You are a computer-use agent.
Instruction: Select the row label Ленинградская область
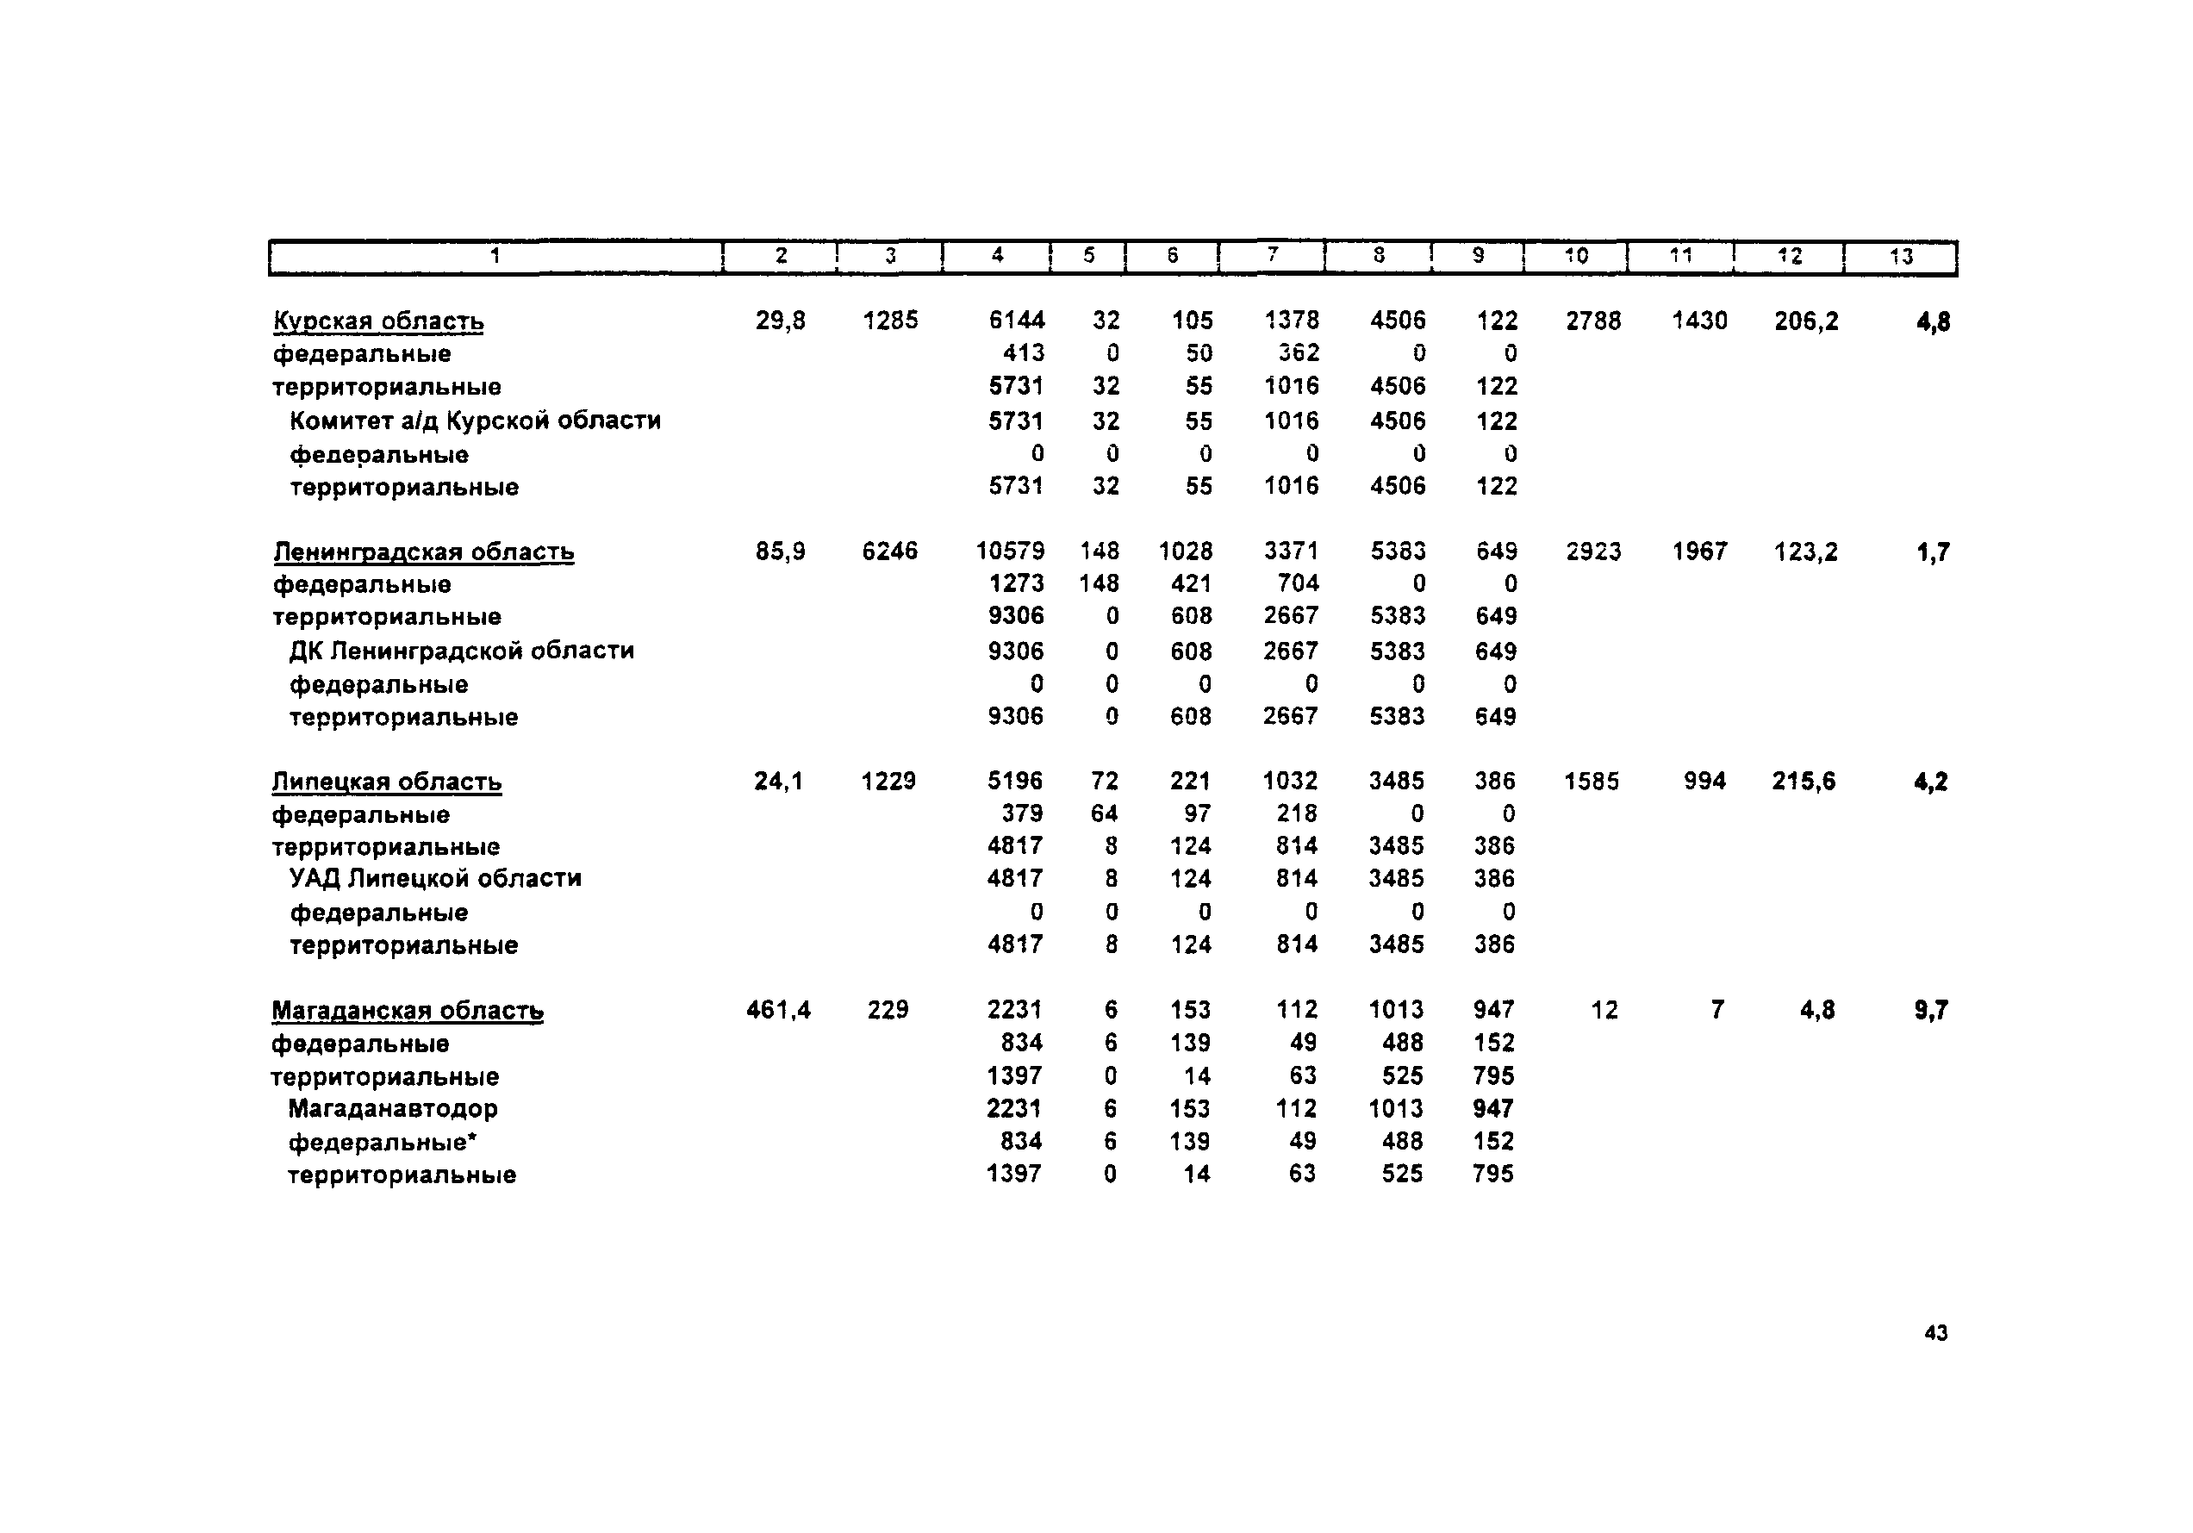point(423,552)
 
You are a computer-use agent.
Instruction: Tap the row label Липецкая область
point(386,782)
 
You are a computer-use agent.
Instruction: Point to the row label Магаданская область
point(407,1011)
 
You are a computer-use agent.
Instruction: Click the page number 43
point(1935,1332)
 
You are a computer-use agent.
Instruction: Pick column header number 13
point(1901,256)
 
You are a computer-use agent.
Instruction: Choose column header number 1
point(495,255)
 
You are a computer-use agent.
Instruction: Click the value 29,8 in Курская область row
point(781,321)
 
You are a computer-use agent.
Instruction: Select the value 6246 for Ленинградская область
point(889,552)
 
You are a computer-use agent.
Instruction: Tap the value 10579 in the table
point(1010,552)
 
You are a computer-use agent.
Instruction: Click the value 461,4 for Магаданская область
point(778,1010)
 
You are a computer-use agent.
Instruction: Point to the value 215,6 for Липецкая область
point(1804,782)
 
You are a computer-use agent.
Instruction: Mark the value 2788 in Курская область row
point(1593,321)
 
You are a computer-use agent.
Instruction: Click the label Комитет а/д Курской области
point(475,421)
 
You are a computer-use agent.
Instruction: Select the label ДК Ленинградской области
point(461,651)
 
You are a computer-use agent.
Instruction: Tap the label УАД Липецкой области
point(435,878)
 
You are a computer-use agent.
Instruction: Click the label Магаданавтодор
point(393,1108)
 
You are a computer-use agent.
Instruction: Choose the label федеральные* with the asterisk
point(382,1142)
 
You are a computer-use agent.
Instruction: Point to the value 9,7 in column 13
point(1930,1010)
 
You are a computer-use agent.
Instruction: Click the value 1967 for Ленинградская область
point(1699,552)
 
